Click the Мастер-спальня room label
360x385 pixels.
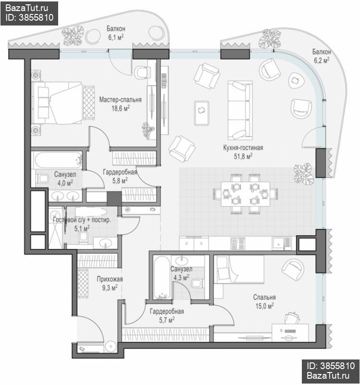[x=121, y=100]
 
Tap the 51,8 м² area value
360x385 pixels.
[x=243, y=156]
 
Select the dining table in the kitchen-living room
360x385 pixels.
[x=245, y=194]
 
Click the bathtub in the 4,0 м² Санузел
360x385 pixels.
[x=58, y=160]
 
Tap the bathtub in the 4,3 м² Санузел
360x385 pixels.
[x=162, y=278]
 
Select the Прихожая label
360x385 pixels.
[x=110, y=279]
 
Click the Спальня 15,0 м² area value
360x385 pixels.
[x=265, y=306]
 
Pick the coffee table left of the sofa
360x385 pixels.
[x=201, y=113]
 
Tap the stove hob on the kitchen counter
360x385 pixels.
[x=237, y=244]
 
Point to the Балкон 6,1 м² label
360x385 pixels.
[x=116, y=33]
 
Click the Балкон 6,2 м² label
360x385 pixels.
[x=322, y=56]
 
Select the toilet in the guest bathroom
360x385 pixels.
[x=83, y=237]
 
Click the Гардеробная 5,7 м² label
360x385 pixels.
[x=167, y=316]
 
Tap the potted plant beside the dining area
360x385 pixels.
[x=304, y=174]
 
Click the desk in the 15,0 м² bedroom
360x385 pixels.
[x=290, y=333]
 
